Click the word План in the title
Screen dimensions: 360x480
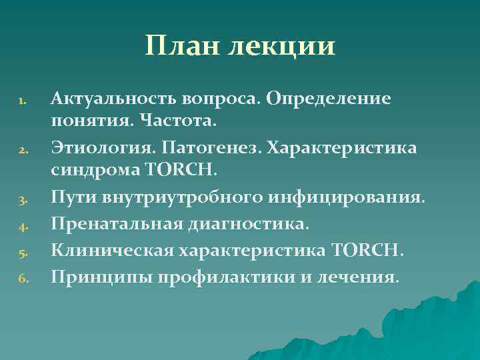[183, 46]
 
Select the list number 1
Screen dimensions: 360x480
[22, 102]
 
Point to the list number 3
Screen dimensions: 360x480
[22, 199]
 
